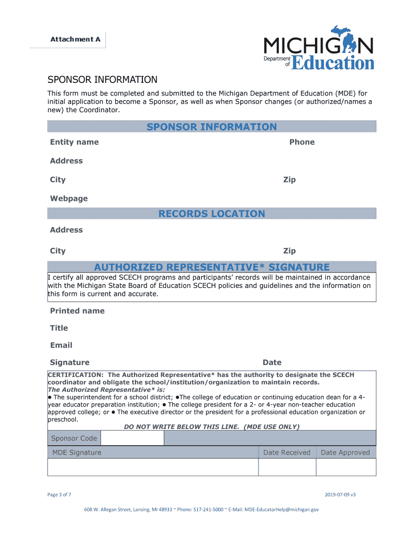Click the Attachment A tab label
coord(75,39)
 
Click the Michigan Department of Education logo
coord(318,48)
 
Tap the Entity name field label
coord(74,142)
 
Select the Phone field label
coord(302,142)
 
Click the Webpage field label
coord(69,198)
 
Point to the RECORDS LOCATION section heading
coord(211,213)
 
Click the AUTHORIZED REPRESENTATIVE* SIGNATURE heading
coord(211,267)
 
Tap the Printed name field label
coord(77,311)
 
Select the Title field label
coord(59,328)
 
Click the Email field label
coord(61,346)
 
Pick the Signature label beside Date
coord(70,362)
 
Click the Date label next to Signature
coord(272,362)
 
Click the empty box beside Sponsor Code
coord(132,438)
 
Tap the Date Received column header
coord(286,453)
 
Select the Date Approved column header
coord(345,453)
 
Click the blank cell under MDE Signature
coord(153,467)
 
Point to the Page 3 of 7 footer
coord(59,495)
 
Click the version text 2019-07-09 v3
coord(340,495)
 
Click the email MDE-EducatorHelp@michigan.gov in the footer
coord(281,509)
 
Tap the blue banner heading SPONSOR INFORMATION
coord(211,127)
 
